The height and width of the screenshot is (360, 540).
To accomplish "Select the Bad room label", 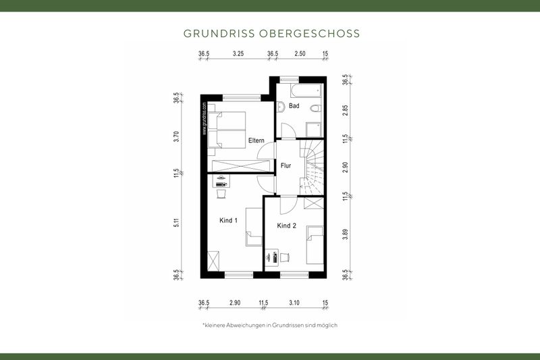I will (294, 106).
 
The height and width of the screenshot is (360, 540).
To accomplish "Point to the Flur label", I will (286, 164).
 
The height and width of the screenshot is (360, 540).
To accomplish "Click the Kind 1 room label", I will (229, 220).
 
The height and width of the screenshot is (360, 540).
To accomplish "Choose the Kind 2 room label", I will (287, 226).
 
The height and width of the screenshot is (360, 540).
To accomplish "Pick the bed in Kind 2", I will (315, 245).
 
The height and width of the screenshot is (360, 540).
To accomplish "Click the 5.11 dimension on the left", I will (176, 224).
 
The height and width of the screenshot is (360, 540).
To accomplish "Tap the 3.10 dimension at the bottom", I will (294, 303).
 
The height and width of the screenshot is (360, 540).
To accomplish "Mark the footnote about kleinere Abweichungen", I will (269, 325).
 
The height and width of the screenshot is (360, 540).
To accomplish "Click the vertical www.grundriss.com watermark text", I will (204, 119).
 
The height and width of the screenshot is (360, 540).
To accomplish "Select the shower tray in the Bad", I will (314, 128).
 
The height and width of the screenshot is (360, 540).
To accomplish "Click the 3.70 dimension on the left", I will (176, 136).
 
